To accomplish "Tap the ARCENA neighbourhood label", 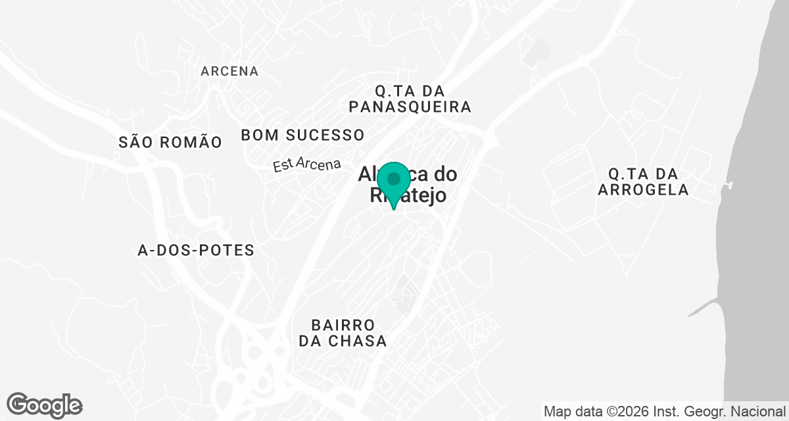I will click(229, 71).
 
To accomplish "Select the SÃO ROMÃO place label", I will click(170, 141).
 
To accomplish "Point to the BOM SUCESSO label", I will click(302, 136).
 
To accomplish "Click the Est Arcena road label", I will click(307, 165).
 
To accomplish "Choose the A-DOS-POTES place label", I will click(196, 251).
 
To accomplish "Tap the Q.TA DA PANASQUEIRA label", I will click(410, 98).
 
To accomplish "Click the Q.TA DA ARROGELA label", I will click(643, 182).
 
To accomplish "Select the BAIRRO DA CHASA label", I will click(343, 333).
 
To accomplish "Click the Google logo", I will click(44, 405).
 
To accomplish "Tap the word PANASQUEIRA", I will click(410, 107).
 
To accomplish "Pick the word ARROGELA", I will click(643, 190).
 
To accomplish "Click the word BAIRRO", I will click(343, 325).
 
